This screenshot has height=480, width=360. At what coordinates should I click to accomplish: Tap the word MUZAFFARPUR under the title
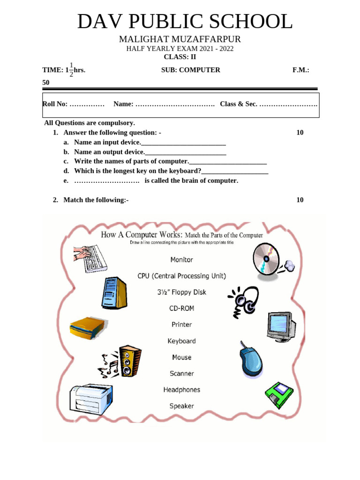pos(208,39)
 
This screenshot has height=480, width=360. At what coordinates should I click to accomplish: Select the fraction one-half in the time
pos(71,69)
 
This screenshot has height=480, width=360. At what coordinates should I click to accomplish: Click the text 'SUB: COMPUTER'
pos(190,70)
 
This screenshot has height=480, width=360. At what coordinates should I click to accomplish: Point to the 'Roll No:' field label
pos(55,104)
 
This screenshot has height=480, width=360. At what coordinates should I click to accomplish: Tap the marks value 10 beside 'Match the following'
pos(300,200)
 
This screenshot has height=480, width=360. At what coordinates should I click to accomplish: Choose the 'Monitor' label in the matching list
pos(181,259)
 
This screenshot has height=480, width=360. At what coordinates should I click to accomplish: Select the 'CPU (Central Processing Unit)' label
pos(181,276)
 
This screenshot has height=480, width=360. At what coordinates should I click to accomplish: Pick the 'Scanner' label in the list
pos(181,374)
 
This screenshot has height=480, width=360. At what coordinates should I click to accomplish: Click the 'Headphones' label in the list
pos(181,390)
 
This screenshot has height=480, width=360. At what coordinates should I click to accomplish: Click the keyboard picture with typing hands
pos(90,257)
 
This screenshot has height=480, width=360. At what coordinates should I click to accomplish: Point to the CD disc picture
pos(266,259)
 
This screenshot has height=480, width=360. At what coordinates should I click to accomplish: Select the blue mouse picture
pos(251,359)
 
